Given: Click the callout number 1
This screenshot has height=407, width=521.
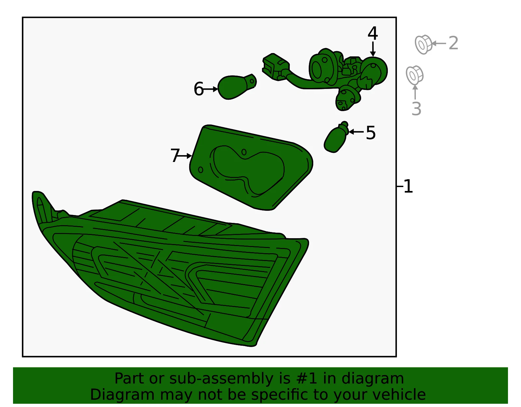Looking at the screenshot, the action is point(408,186).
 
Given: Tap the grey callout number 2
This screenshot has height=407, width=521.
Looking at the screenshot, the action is point(453,43).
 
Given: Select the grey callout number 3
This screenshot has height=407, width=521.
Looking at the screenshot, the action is point(416,109).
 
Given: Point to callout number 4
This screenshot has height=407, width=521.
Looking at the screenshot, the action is point(373,33).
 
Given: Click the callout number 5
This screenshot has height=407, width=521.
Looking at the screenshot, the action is point(371,133).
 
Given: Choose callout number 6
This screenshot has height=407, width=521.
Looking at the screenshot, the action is point(199,89).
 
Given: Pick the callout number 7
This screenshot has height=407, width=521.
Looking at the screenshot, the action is point(175,155).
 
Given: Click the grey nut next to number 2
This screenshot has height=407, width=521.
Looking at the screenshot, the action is point(423,44).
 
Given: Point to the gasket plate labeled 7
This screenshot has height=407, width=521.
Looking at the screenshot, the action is point(250,167).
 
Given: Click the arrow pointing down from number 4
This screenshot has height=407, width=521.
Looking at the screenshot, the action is point(373,49).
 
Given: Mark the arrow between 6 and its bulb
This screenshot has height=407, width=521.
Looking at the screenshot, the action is point(210,89).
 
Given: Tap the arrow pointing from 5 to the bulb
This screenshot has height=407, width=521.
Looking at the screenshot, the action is point(356,132).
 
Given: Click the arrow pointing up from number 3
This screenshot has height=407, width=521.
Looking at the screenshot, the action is point(415,92).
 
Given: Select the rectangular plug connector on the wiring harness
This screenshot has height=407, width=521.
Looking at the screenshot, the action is point(276,67).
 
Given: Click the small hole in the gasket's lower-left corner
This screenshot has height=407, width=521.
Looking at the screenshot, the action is point(201,170).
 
